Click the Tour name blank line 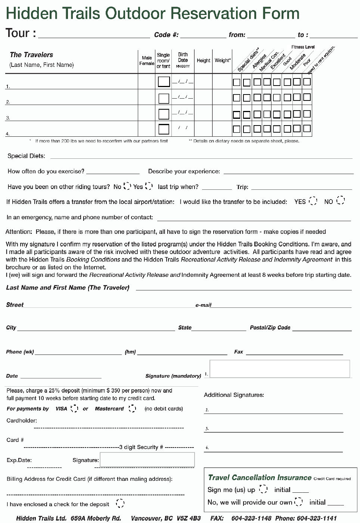94,36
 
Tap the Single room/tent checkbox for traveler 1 164,81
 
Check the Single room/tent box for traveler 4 164,129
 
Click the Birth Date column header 183,60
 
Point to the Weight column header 223,60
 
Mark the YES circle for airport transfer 313,201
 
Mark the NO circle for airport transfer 340,201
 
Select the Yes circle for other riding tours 149,186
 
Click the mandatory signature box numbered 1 280,369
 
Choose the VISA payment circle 75,408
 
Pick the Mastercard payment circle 132,408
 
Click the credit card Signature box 147,459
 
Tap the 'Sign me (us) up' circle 263,489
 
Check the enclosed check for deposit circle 120,504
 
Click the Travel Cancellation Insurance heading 260,477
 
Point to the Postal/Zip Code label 270,328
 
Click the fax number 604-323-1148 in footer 251,518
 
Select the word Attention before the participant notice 19,232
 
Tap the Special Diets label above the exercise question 26,156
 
